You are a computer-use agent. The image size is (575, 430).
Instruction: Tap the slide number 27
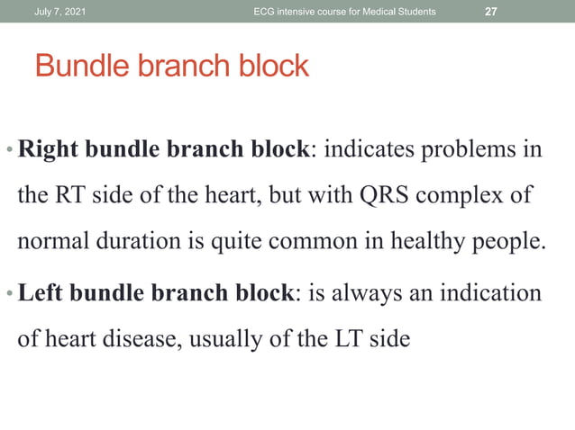point(491,10)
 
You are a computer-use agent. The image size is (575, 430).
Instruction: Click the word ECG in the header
point(267,10)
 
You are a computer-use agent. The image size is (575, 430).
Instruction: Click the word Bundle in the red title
point(78,66)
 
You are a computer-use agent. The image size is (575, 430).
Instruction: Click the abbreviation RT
point(70,197)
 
